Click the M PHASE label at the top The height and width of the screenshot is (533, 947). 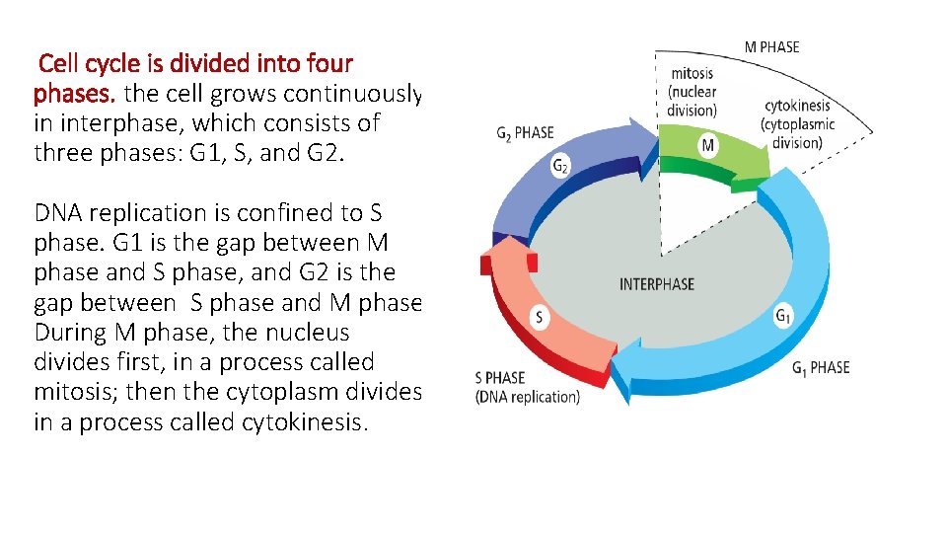771,46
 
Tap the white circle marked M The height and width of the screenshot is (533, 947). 708,146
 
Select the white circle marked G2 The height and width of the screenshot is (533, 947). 559,168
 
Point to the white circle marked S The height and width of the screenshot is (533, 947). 539,318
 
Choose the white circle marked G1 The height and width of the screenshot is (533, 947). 783,317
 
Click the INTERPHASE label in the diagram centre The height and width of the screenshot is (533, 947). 656,284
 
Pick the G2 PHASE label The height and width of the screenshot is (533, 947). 525,133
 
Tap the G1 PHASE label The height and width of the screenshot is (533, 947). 821,368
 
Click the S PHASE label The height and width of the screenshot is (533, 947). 500,378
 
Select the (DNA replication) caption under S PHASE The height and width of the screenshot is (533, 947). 528,397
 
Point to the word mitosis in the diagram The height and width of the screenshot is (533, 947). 693,73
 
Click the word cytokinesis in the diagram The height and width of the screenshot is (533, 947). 797,106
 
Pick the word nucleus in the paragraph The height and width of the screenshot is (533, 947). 307,333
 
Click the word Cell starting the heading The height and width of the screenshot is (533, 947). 59,64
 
